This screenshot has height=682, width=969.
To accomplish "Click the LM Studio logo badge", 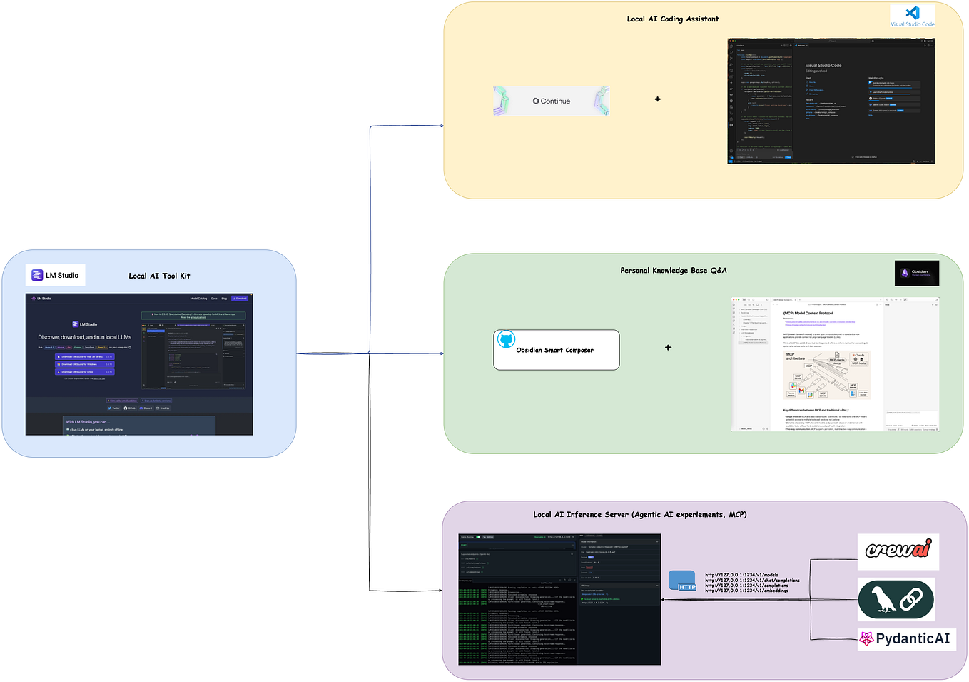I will (x=56, y=275).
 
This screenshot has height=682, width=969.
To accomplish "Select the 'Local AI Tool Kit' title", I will (x=159, y=276).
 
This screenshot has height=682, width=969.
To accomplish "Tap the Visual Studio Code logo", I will (x=912, y=16).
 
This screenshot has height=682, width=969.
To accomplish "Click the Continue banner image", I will (x=552, y=101).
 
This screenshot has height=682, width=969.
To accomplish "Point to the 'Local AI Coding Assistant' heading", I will (x=672, y=19).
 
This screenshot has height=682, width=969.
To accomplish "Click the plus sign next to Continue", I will (x=657, y=99).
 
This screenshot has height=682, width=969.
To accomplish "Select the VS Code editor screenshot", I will (x=831, y=101).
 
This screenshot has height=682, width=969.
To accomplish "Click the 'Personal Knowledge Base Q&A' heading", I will (x=673, y=271).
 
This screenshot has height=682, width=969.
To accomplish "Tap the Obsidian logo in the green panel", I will (x=916, y=273).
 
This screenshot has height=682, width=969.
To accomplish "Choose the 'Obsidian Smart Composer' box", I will (x=556, y=350).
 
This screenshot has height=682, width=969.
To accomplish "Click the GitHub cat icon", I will (x=506, y=339).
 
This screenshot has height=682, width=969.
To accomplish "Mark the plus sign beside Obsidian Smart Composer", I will (x=668, y=348).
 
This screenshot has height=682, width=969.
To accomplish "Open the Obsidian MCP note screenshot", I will (x=835, y=364).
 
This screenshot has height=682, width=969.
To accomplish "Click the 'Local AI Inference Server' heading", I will (x=639, y=514).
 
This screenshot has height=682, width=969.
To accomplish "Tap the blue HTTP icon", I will (x=682, y=581).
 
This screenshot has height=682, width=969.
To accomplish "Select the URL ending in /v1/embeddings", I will (x=746, y=591).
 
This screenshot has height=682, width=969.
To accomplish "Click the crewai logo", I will (x=898, y=551).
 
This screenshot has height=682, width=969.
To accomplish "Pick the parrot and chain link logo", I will (x=896, y=599).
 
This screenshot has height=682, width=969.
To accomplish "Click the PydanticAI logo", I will (x=905, y=638).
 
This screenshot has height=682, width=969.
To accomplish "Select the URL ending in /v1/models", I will (x=741, y=575).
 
